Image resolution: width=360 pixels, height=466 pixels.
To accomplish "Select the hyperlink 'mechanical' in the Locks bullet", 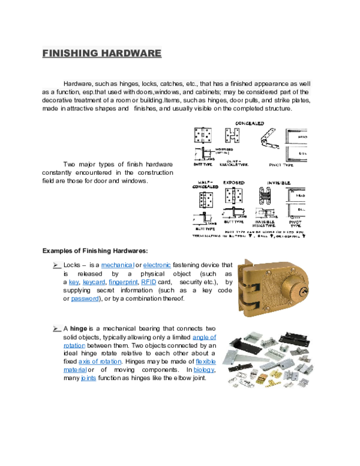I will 117,265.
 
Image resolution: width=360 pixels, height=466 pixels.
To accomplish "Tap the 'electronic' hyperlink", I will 157,265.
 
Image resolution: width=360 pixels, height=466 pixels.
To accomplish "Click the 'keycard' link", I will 94,282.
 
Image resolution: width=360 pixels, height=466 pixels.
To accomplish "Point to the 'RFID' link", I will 148,282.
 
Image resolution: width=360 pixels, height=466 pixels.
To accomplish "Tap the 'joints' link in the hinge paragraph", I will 88,378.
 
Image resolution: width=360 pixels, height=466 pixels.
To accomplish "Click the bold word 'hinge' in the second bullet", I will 79,328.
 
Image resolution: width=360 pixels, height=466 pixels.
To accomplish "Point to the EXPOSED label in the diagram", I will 233,182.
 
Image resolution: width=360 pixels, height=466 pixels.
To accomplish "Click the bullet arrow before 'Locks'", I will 56,265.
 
